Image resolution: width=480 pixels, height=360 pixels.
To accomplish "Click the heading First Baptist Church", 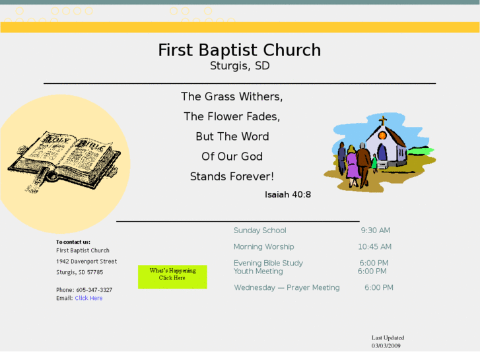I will click(x=239, y=50).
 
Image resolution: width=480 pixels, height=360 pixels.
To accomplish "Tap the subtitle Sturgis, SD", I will click(x=239, y=66).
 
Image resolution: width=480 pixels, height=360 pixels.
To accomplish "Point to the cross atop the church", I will click(x=382, y=122).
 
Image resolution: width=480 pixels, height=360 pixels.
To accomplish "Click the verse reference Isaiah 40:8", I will click(x=288, y=195).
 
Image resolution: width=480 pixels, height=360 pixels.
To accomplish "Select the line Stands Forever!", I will click(x=232, y=176).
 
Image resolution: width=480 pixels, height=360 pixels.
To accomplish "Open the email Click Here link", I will click(x=88, y=298).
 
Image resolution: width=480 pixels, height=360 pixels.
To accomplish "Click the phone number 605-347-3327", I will click(x=94, y=290).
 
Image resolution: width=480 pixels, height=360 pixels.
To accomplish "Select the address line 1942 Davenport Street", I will click(x=86, y=262).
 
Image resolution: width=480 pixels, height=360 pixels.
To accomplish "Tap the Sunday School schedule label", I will click(x=259, y=231).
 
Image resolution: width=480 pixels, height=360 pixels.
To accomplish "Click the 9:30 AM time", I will click(x=375, y=231).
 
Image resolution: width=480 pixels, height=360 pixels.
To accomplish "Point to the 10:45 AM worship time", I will click(x=374, y=247).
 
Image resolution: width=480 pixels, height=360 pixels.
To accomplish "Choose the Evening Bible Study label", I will click(x=268, y=263).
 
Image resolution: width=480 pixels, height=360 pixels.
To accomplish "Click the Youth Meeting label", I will click(x=258, y=271).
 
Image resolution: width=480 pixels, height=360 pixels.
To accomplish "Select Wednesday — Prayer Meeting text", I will click(x=287, y=288).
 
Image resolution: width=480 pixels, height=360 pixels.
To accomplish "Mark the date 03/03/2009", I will click(x=386, y=345).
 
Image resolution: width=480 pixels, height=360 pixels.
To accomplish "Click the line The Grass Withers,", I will click(x=232, y=96).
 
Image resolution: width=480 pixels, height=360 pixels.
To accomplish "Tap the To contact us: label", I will click(x=73, y=242).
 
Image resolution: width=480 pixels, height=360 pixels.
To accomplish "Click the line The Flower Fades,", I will click(x=232, y=116).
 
